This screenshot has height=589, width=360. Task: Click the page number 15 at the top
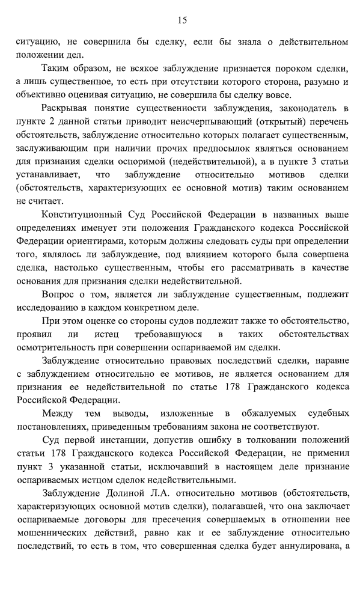183,20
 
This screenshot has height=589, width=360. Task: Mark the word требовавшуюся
163,334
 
